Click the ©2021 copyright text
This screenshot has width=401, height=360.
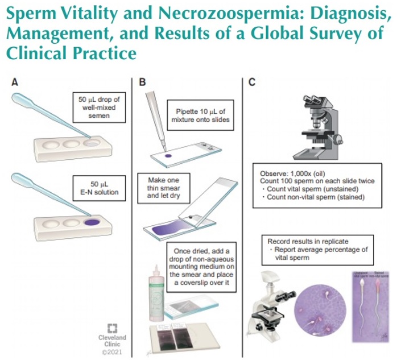point(112,352)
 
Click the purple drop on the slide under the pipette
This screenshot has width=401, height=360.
point(168,156)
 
